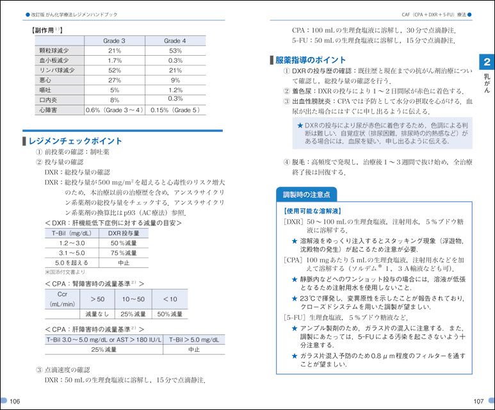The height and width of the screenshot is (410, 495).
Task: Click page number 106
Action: [x=15, y=400]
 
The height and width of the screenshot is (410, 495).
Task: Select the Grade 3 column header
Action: [x=114, y=40]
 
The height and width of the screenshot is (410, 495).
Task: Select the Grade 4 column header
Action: [x=175, y=40]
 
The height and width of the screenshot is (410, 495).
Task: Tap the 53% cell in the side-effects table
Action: [x=175, y=51]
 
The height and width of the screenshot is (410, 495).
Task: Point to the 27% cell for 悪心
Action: [x=114, y=80]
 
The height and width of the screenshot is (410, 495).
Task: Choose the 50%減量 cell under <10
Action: [x=170, y=314]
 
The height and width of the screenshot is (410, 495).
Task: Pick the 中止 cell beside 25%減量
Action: [x=193, y=350]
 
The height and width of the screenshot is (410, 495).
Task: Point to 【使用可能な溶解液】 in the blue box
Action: [x=312, y=210]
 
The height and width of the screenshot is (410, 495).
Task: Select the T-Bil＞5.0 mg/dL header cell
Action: [x=193, y=340]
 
